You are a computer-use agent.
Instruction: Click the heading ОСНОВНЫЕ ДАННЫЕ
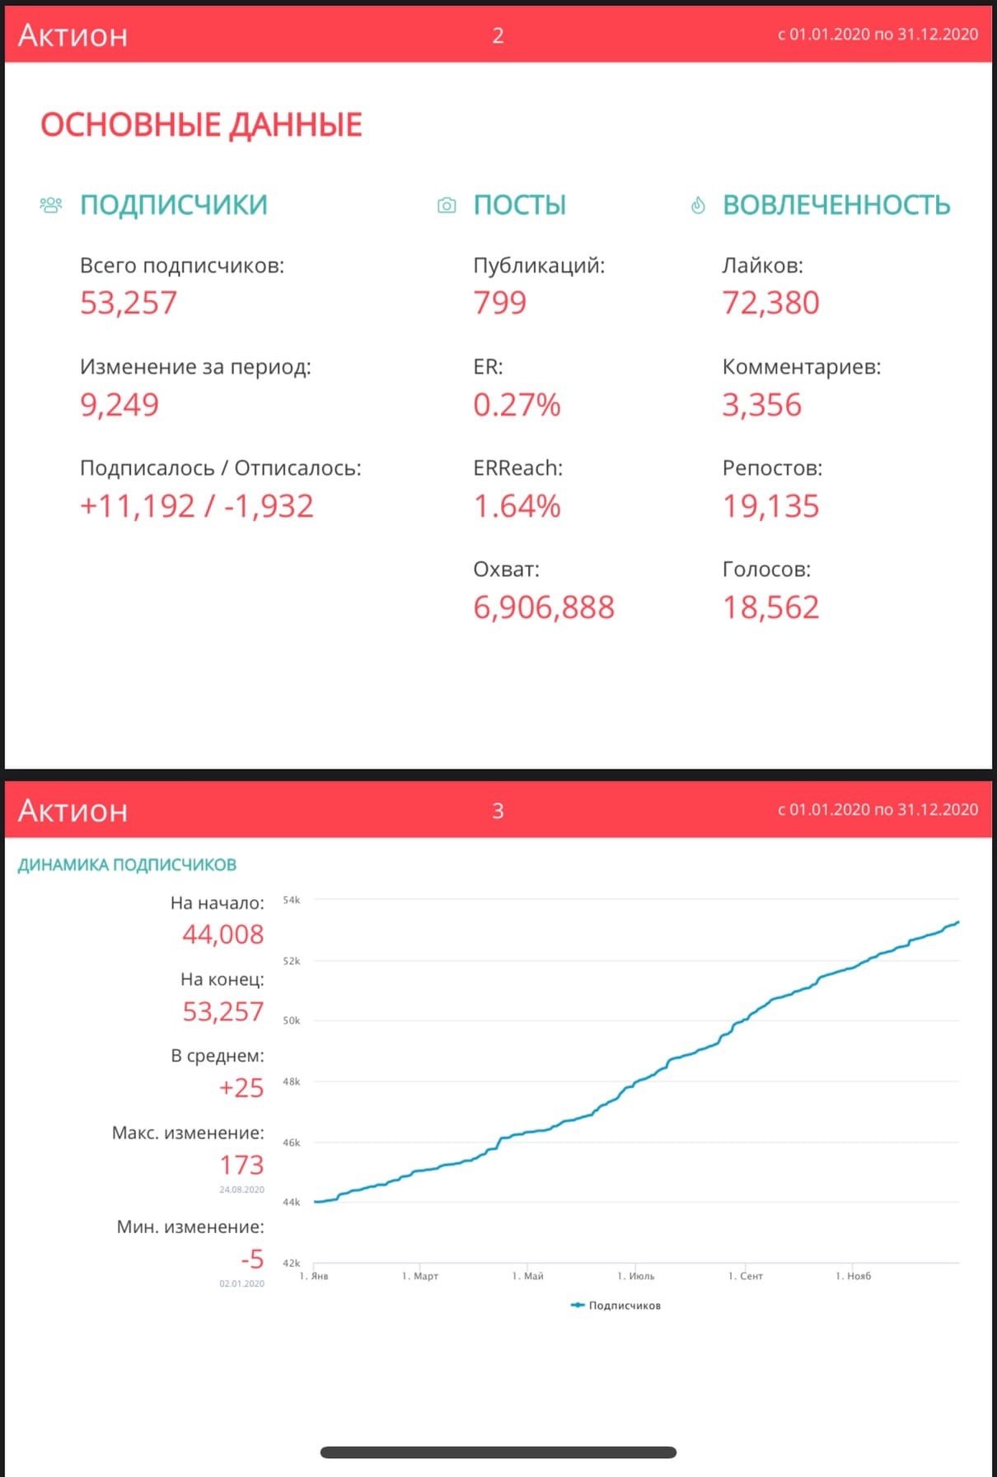pos(201,125)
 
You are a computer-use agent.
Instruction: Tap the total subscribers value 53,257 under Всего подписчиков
pos(129,302)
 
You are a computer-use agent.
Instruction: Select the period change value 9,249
pos(119,405)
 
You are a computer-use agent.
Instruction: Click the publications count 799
pos(499,302)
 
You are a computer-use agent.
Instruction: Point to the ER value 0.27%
pos(517,405)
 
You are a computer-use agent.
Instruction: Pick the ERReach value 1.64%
pos(517,506)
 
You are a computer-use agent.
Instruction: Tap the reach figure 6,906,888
pos(544,607)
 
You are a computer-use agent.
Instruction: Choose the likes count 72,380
pos(770,302)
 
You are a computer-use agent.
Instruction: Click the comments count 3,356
pos(761,405)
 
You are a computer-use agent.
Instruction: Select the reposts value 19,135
pos(770,506)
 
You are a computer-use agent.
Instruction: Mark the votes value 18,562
pos(770,607)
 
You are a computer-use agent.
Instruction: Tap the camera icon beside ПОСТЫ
pos(447,205)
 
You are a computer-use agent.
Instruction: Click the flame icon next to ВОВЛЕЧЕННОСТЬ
pos(698,205)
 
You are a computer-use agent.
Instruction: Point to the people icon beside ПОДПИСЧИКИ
pos(51,204)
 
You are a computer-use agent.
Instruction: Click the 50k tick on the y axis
pos(292,1020)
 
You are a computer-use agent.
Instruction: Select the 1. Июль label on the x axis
pos(636,1276)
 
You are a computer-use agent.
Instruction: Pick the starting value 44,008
pos(223,934)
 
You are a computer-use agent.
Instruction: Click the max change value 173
pos(241,1165)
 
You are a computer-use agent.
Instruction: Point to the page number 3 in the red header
pos(498,811)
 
